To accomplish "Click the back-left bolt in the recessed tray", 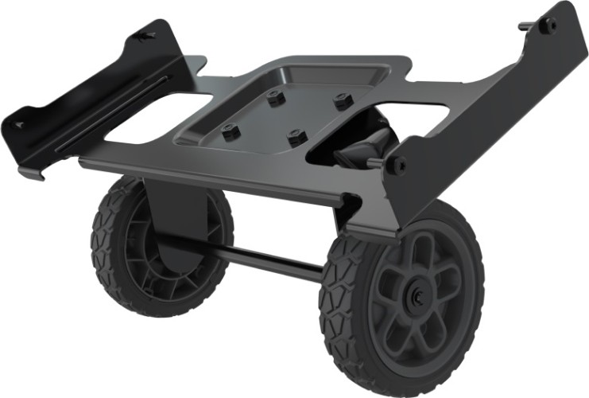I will (275, 99).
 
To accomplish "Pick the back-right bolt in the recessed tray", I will (343, 101).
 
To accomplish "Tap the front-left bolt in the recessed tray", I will (231, 131).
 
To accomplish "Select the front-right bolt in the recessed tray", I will (296, 136).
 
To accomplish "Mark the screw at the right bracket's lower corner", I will (397, 166).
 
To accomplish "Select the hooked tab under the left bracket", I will (33, 171).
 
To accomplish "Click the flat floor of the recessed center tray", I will (286, 115).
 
